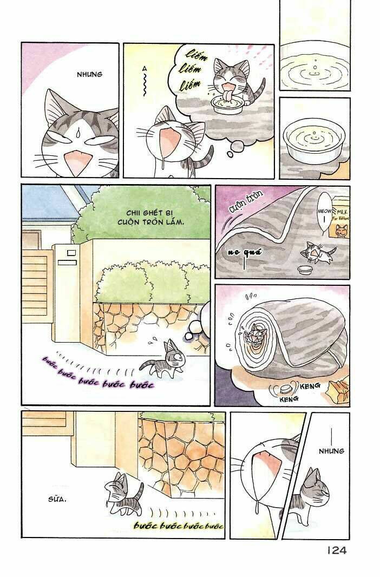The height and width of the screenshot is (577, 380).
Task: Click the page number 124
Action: (x=336, y=550)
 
